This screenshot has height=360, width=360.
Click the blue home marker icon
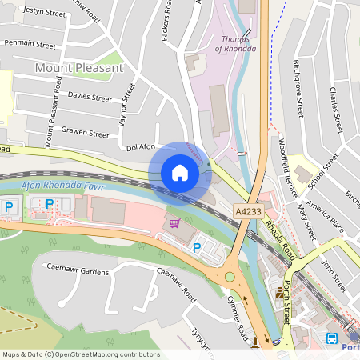pos(180,173)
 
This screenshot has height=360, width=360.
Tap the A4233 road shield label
pos(247,210)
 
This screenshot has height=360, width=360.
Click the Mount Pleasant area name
pos(79,69)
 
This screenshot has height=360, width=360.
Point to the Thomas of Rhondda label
pos(238,43)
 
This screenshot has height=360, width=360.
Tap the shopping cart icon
pos(174,222)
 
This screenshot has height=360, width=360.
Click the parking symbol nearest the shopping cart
pos(197,249)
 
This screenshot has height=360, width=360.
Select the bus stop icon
pos(332,338)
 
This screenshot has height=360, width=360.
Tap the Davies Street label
pos(90,98)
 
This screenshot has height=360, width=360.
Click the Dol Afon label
pos(141,147)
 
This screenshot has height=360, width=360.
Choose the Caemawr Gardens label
pos(77,269)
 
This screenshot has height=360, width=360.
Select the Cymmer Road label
pos(236,313)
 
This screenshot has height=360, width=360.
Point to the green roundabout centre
pos(230,277)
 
